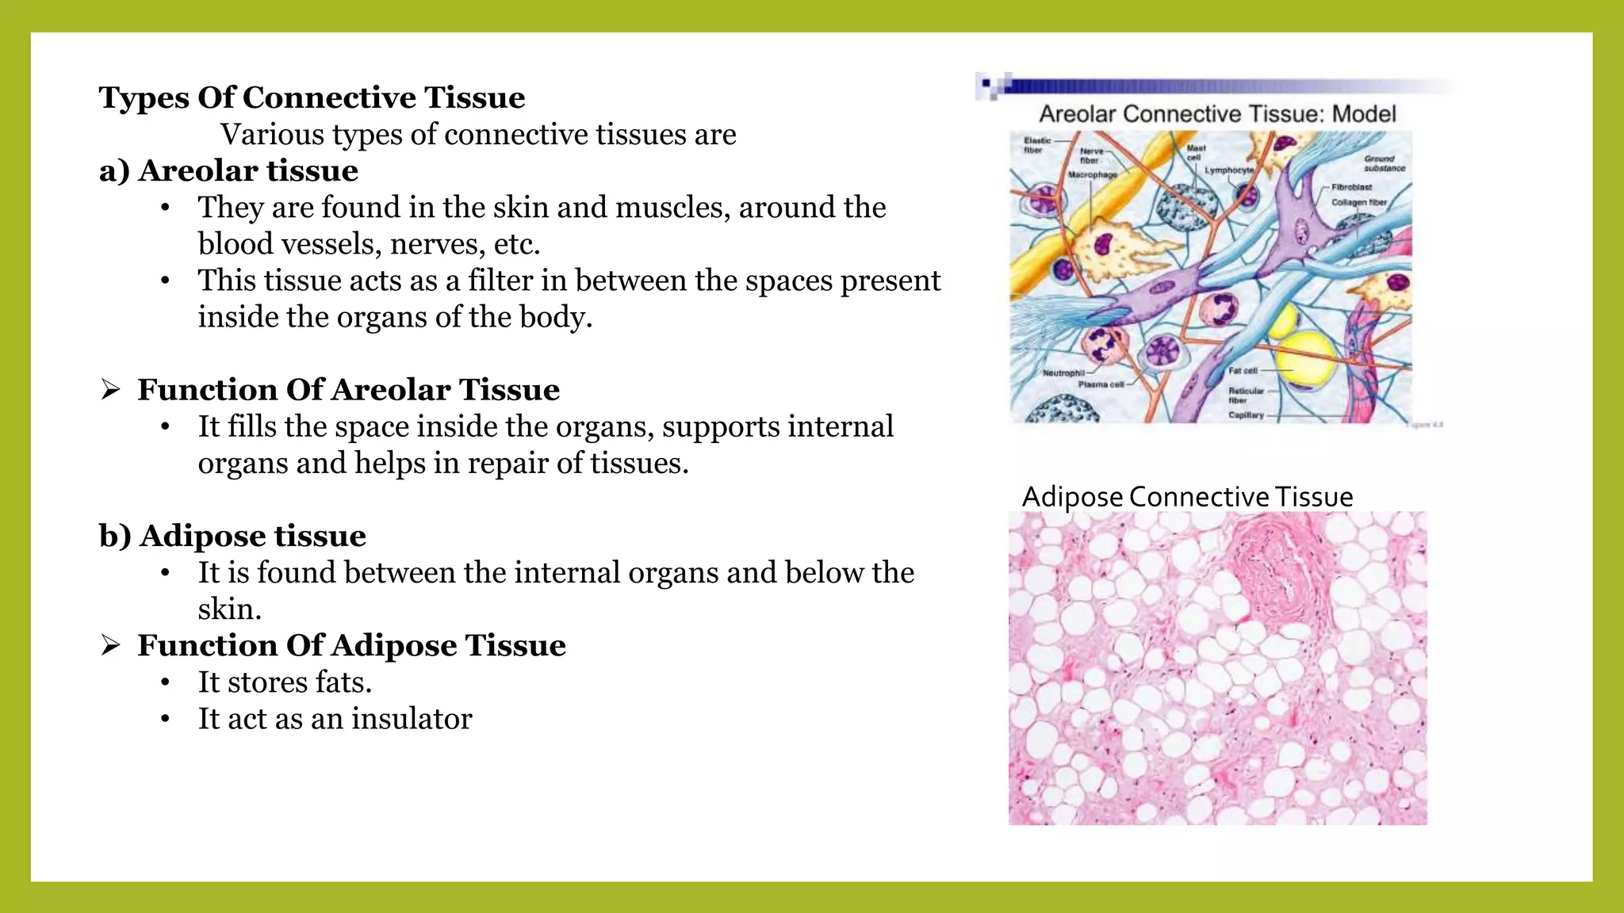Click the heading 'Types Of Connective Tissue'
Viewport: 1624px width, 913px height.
click(x=312, y=97)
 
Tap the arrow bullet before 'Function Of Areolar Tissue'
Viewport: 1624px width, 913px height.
click(x=111, y=390)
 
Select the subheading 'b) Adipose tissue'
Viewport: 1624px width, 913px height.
click(x=232, y=536)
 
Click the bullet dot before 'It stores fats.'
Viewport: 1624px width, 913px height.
click(x=165, y=682)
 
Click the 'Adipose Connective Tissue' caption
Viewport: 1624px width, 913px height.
click(x=1187, y=497)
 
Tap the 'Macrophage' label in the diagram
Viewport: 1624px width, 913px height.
click(x=1092, y=174)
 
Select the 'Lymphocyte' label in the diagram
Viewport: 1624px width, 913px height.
click(x=1229, y=170)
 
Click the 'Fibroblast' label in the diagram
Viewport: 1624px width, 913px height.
click(x=1351, y=187)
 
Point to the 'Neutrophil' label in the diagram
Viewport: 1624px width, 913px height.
click(x=1063, y=372)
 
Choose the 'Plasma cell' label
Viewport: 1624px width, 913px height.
click(x=1101, y=384)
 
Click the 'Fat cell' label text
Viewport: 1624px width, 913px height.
click(x=1243, y=370)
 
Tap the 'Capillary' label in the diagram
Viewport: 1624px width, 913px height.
click(x=1246, y=414)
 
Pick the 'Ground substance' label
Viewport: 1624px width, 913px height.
click(x=1384, y=163)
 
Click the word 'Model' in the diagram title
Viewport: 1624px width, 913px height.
click(x=1364, y=114)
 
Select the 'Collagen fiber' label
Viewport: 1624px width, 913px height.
click(x=1359, y=202)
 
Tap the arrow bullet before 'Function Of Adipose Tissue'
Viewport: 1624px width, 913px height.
click(x=111, y=646)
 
